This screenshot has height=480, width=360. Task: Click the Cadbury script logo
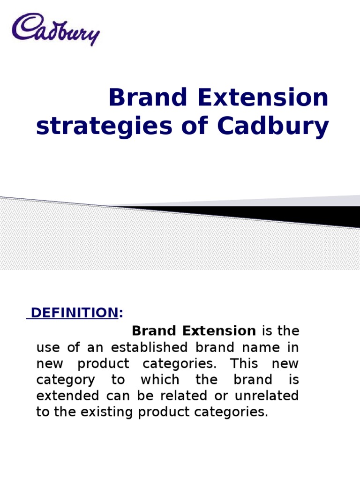56,29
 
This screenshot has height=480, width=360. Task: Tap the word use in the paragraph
47,347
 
